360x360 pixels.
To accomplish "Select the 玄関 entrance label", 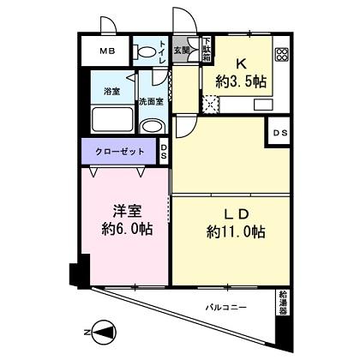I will [181, 51].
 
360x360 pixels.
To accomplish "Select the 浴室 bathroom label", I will [112, 90].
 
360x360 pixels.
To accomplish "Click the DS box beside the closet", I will [164, 153].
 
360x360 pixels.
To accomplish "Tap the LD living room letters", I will [237, 213].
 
